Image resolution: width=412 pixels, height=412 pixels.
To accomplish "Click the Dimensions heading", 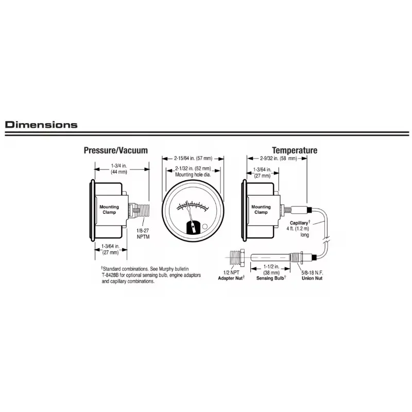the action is [x=41, y=125].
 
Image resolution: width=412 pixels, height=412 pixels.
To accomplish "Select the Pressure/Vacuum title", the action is [x=115, y=150].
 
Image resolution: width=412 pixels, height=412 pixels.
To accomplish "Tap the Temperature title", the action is [x=295, y=150].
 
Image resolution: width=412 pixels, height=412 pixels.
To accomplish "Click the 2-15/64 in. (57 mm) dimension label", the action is [x=193, y=159].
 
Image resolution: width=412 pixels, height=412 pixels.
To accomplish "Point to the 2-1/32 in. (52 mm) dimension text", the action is [x=193, y=168].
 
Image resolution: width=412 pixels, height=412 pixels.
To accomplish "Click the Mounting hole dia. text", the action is [x=193, y=175].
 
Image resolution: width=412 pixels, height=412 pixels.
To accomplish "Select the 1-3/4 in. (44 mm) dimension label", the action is [x=119, y=169].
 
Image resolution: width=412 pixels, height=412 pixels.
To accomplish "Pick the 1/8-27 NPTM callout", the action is [x=143, y=234].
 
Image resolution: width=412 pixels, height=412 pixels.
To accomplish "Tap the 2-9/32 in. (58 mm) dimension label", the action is [x=279, y=159].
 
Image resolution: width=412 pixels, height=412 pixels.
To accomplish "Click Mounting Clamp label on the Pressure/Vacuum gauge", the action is [x=109, y=210].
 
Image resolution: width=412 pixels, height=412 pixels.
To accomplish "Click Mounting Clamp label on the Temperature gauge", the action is [x=261, y=210].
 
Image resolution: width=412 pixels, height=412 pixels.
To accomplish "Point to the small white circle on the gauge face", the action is [x=205, y=226].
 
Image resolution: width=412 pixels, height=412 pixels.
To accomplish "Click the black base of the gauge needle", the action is [x=193, y=227].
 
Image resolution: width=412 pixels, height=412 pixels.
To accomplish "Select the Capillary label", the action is [x=300, y=223].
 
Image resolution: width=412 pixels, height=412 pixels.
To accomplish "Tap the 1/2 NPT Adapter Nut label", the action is [x=231, y=276].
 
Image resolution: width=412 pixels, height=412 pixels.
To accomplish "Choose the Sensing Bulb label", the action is [x=271, y=278].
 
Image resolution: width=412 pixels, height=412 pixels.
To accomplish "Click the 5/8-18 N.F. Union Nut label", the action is [x=312, y=276].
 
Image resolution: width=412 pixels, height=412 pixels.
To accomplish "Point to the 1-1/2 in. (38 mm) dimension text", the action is [x=271, y=269].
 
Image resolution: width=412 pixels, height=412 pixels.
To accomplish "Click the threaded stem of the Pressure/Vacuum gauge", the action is [x=142, y=210].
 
